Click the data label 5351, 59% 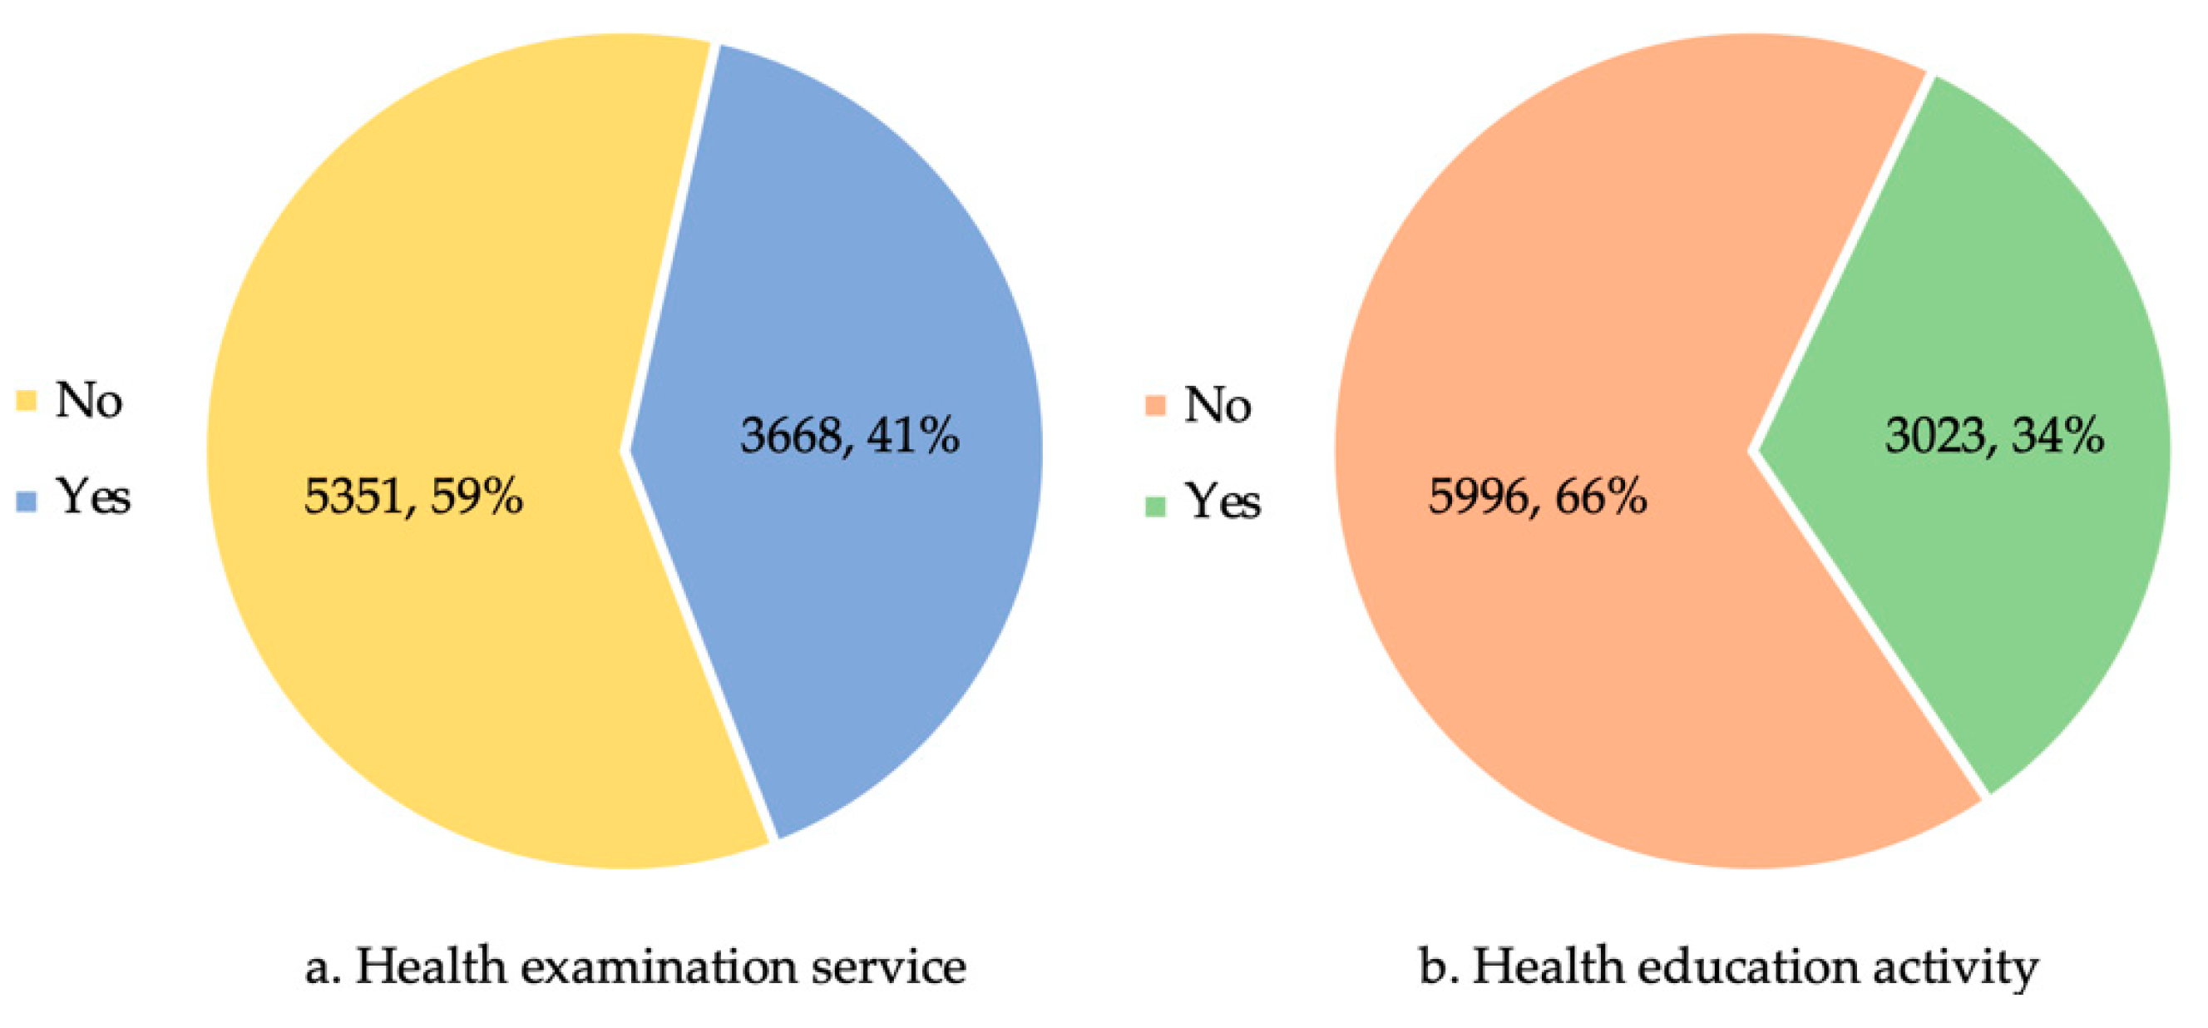[413, 497]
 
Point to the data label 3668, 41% [849, 435]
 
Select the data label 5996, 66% [1537, 497]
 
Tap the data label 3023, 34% [1993, 435]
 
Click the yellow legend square [27, 400]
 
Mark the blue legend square [27, 502]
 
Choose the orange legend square [1155, 405]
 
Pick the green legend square [1155, 506]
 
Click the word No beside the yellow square [88, 400]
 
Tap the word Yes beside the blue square [92, 497]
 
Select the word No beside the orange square [1218, 405]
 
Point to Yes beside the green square [1223, 502]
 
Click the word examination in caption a [659, 967]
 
